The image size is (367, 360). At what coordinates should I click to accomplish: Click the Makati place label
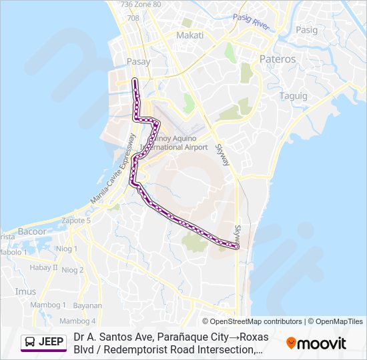pyautogui.click(x=190, y=35)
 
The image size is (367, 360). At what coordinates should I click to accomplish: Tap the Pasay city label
pyautogui.click(x=138, y=62)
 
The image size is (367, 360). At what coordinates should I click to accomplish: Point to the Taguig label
pyautogui.click(x=294, y=96)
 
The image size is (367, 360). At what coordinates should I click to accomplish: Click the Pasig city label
pyautogui.click(x=307, y=30)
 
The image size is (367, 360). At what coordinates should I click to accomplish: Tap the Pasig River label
pyautogui.click(x=251, y=23)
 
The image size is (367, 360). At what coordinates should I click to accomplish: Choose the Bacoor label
pyautogui.click(x=33, y=231)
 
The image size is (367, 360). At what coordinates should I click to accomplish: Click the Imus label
pyautogui.click(x=25, y=291)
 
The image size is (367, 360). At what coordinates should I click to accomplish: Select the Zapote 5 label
pyautogui.click(x=75, y=220)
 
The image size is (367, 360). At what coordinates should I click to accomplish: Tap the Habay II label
pyautogui.click(x=43, y=267)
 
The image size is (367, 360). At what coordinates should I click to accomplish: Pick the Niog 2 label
pyautogui.click(x=73, y=270)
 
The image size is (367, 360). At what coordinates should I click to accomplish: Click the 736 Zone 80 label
pyautogui.click(x=141, y=5)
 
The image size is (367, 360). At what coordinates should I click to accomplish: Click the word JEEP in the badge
pyautogui.click(x=51, y=343)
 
